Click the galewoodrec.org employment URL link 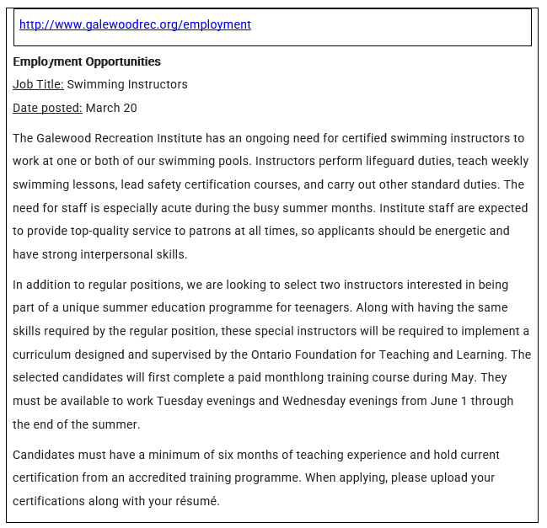pos(135,24)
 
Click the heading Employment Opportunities pos(87,61)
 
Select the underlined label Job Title pos(38,84)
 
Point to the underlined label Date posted pos(47,108)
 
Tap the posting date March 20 pos(111,108)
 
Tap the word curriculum pos(43,355)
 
